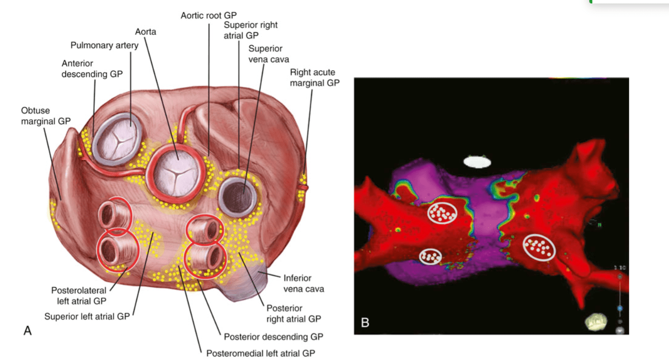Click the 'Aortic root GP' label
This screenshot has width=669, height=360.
coord(208,15)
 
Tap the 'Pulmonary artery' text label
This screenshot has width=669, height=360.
coord(105,45)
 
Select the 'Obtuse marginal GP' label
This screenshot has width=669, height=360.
coord(46,116)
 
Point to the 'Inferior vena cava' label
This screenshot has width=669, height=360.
coord(304,283)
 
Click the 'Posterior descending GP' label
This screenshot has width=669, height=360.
coord(274,337)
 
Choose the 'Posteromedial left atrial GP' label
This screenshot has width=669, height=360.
coord(261,354)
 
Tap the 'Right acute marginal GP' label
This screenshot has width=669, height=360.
coord(315,78)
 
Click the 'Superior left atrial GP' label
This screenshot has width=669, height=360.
coord(87,316)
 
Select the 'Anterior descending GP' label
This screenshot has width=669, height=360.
coord(92,69)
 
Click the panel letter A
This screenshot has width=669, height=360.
coord(28,331)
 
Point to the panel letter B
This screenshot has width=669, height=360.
coord(365,323)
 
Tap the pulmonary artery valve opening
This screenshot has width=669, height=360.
coord(117,139)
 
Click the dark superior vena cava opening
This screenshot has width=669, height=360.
coord(238,197)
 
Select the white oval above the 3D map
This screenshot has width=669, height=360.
coord(477,162)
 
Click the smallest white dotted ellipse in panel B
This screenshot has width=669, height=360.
coord(430,257)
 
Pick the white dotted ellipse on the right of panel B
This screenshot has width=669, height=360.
coord(539,248)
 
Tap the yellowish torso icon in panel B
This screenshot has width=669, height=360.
coord(596,322)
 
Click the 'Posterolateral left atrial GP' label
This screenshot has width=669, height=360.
coord(79,296)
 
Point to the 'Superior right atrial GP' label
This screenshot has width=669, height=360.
coord(251,30)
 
